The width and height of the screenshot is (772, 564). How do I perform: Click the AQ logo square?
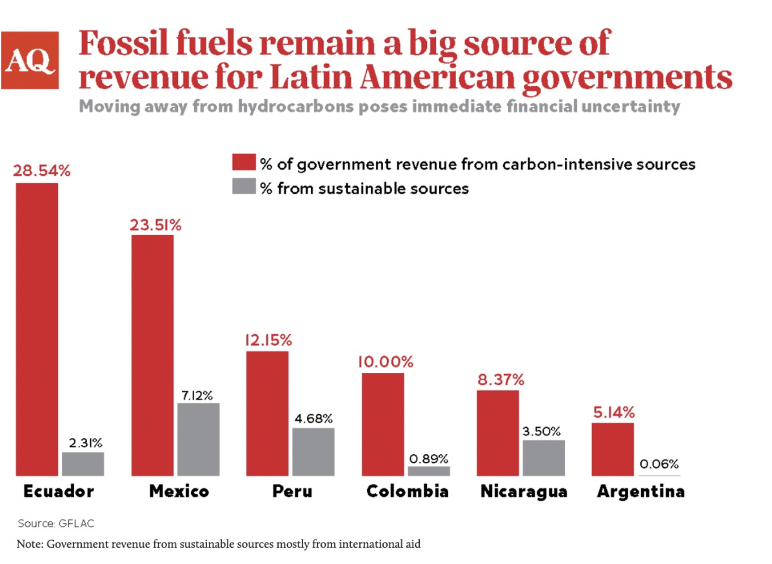coord(30,60)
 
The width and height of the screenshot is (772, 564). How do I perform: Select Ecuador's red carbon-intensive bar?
coord(37,329)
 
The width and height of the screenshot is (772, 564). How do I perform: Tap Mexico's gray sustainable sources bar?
coord(198,439)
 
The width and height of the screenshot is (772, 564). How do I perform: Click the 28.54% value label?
coord(41,172)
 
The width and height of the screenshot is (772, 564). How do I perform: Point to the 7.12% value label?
coord(197,395)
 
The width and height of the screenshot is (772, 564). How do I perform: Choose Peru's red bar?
coord(268,413)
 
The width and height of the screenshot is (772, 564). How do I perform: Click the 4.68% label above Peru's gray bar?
coord(313,419)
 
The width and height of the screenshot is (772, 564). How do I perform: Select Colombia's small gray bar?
coord(428,471)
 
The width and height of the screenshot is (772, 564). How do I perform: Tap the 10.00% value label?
coord(386,362)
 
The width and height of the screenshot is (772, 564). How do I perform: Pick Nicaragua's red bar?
coord(498,433)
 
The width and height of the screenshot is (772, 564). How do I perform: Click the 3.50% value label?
coord(542,432)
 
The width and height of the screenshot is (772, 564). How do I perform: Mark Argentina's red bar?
coord(613,449)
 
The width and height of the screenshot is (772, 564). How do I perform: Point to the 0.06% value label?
coord(658,464)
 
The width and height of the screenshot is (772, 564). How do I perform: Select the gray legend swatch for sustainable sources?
coord(242,188)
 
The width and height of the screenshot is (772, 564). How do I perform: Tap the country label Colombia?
coord(407,492)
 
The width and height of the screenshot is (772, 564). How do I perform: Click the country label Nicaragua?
coord(524,492)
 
